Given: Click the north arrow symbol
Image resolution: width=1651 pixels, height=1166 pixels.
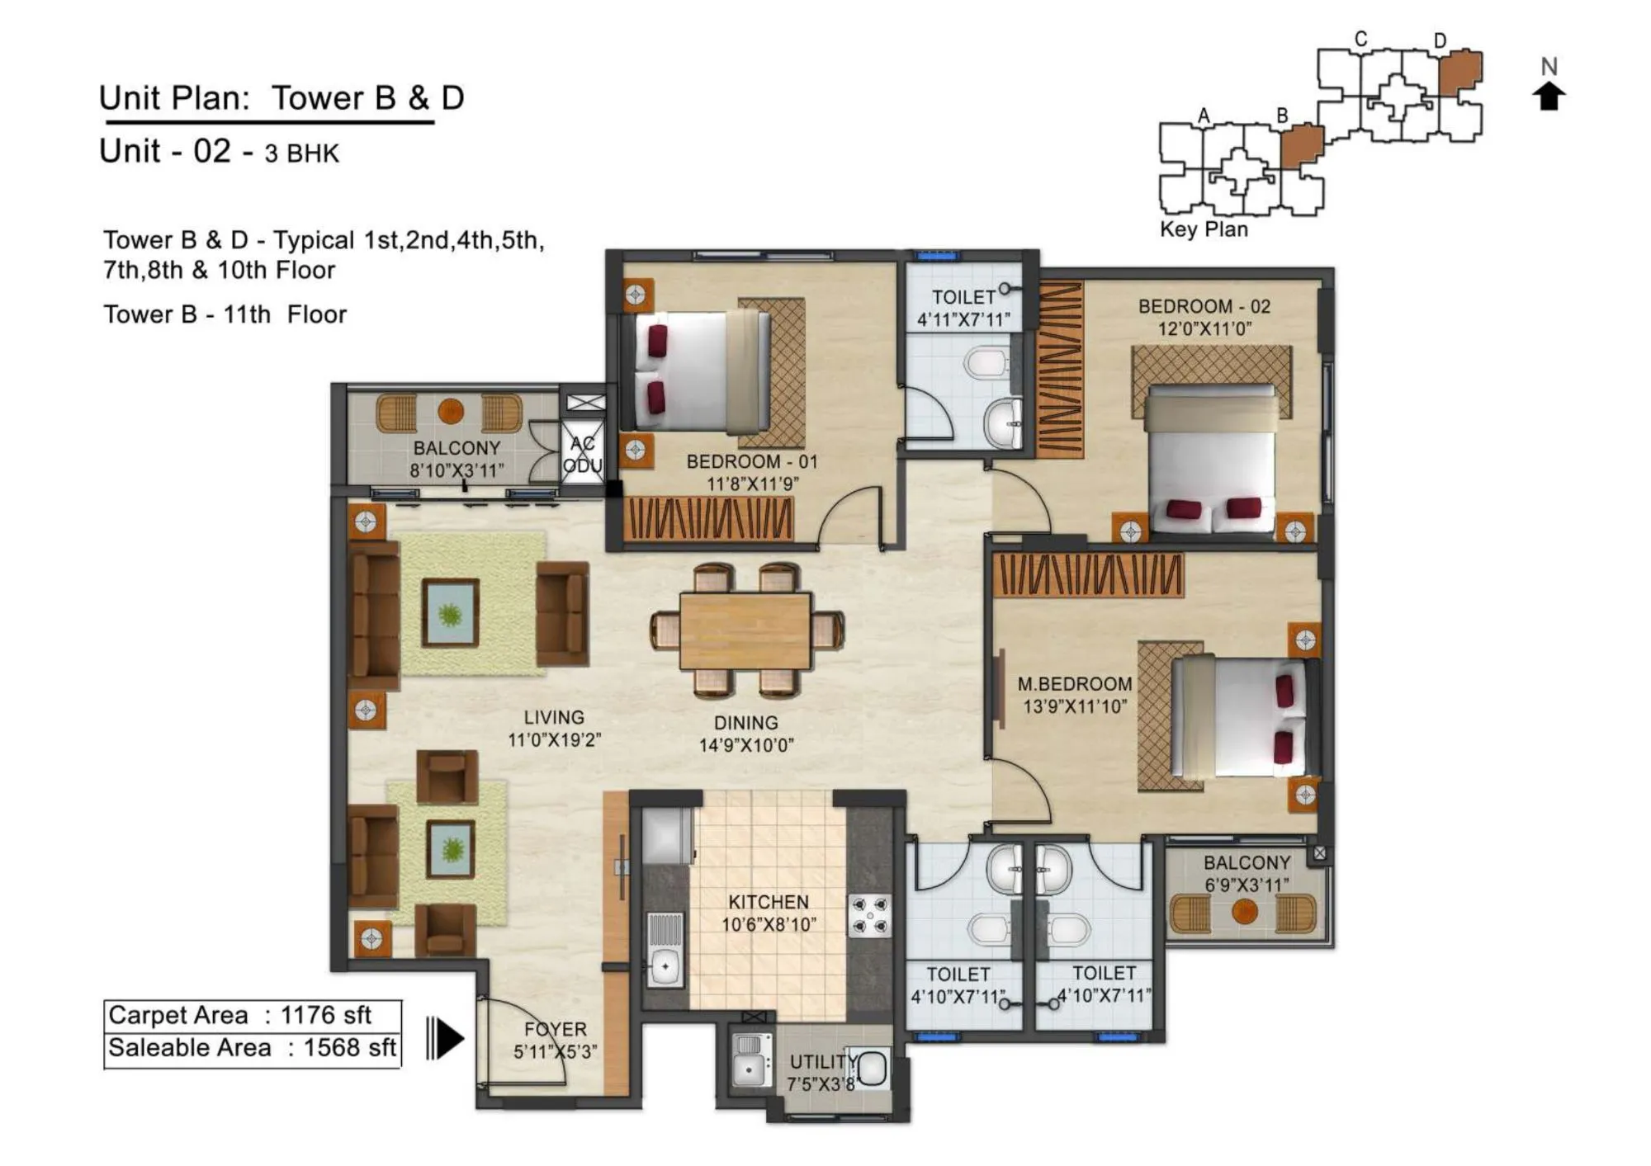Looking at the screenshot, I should (x=1549, y=96).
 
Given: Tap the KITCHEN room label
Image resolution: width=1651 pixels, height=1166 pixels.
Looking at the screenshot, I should (x=768, y=902).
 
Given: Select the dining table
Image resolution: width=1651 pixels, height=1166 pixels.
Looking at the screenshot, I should (x=745, y=630).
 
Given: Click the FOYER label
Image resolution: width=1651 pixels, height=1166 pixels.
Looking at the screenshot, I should (x=555, y=1029).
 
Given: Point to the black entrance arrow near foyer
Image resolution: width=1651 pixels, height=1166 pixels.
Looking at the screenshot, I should (x=447, y=1038).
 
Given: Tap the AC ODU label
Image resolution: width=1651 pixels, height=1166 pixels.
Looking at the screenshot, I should (x=583, y=454).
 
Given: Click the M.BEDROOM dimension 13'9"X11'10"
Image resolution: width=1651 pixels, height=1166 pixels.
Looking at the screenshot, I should (x=1074, y=706).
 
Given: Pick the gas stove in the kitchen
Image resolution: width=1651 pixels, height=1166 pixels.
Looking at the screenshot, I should (x=870, y=916).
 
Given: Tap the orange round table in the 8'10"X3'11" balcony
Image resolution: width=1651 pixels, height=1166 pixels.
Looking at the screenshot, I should (x=450, y=410).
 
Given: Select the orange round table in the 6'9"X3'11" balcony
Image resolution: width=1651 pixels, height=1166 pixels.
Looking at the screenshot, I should (x=1243, y=912).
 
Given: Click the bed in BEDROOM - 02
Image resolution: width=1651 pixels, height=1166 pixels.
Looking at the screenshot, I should (x=1211, y=458).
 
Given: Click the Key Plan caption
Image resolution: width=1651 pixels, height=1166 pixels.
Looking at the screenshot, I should (x=1204, y=229).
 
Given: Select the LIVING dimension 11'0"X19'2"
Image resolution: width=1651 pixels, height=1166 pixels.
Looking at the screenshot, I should (x=554, y=740).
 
